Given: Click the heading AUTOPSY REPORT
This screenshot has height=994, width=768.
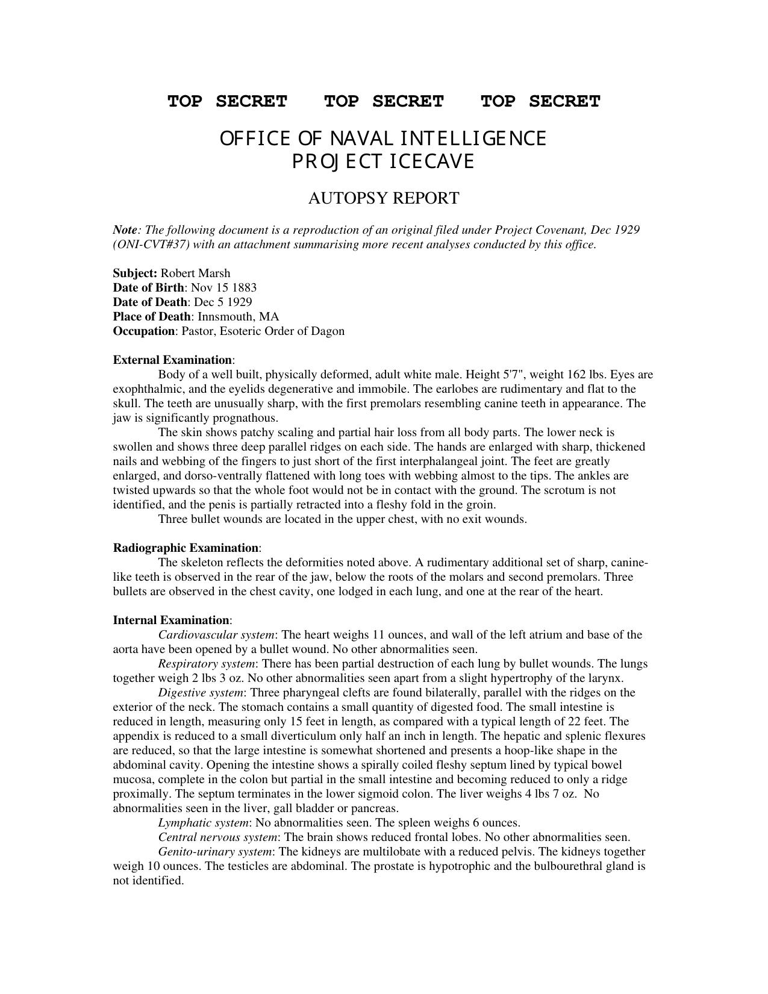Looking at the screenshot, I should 384,198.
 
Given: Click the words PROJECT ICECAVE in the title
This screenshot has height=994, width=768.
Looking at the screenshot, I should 384,162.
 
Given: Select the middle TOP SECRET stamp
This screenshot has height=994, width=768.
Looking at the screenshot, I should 384,101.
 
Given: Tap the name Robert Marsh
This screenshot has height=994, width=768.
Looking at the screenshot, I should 195,273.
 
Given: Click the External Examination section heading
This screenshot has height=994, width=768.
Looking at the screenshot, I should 173,360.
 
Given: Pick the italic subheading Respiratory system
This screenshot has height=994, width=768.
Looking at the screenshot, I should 207,663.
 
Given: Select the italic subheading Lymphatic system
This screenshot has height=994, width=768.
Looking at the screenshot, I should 204,822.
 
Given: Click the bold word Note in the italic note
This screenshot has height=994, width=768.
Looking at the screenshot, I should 125,230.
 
